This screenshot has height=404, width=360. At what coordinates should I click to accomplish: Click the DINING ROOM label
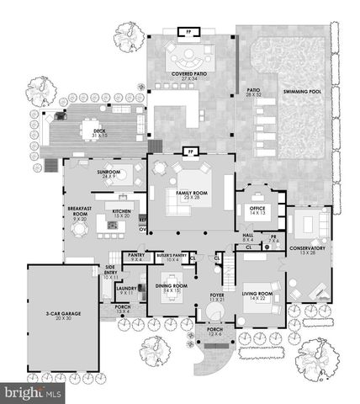tap(171, 288)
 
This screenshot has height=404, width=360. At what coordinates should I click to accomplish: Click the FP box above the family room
tap(190, 151)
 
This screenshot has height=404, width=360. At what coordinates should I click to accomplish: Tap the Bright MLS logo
tap(32, 393)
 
